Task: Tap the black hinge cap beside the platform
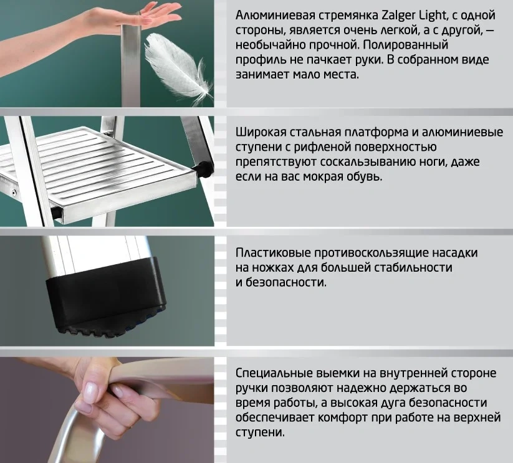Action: click(203, 168)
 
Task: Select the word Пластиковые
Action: click(274, 253)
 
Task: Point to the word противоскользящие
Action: click(371, 253)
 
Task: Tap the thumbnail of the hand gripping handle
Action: click(107, 410)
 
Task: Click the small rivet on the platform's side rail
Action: click(14, 192)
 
